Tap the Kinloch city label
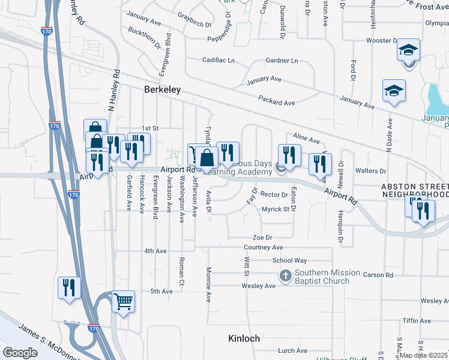(244, 338)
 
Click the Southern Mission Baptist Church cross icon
(286, 276)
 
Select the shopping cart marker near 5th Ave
(123, 302)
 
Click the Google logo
(20, 353)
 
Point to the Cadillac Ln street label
(218, 60)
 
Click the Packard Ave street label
(276, 103)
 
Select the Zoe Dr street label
(262, 238)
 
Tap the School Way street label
(289, 260)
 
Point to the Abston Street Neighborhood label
(415, 191)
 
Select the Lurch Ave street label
(292, 351)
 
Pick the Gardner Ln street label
(282, 61)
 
